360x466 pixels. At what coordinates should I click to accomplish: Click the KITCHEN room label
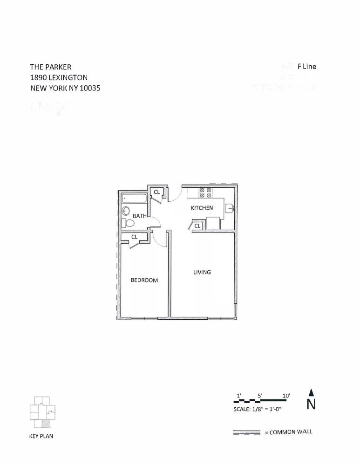202,208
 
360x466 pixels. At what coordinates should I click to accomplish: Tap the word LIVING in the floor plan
202,272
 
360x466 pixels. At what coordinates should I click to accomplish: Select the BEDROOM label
144,280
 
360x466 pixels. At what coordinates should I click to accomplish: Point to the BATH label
139,216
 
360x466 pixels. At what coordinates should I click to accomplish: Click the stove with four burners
206,193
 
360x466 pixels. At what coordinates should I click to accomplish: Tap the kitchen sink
229,208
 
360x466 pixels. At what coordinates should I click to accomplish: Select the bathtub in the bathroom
134,199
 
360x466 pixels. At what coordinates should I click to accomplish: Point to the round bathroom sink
125,211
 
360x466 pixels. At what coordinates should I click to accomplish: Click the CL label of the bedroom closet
134,237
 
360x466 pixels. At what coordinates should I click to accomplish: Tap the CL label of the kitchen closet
197,226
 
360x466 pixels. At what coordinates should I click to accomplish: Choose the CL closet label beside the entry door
156,192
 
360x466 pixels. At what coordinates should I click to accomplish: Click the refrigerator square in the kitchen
213,223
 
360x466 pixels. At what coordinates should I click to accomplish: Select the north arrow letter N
311,404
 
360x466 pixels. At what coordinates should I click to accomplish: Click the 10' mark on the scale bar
286,396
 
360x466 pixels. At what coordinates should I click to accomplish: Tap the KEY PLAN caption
41,437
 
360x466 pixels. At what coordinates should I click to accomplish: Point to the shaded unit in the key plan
45,424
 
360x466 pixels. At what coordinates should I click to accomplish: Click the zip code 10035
89,88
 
